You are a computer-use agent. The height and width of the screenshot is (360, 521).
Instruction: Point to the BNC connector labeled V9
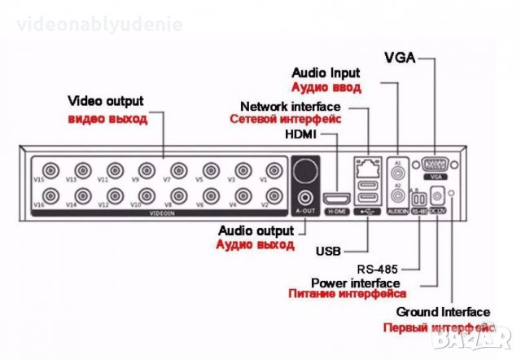point(147,170)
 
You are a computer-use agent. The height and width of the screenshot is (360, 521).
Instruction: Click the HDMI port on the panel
point(336,199)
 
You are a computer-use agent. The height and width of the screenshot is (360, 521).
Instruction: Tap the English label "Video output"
point(106,102)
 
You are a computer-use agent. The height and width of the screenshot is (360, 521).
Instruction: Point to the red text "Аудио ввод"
point(326,86)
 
